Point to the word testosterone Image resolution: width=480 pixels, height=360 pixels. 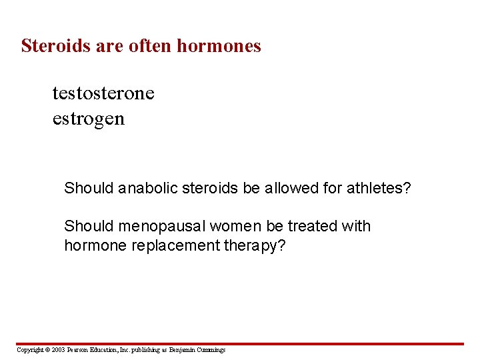pyautogui.click(x=103, y=93)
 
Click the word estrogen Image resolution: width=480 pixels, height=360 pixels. pyautogui.click(x=88, y=119)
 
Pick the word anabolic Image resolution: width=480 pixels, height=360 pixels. pyautogui.click(x=147, y=188)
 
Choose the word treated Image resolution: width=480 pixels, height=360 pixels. pyautogui.click(x=312, y=227)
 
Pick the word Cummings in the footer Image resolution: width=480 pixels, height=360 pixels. pyautogui.click(x=210, y=350)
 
